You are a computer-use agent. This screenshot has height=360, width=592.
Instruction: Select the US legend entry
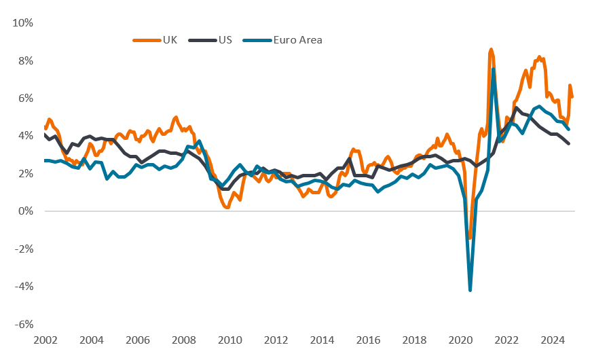click(x=217, y=40)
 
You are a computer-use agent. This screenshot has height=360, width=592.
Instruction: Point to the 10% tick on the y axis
click(x=24, y=23)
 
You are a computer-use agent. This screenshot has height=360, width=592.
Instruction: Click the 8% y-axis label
click(x=26, y=60)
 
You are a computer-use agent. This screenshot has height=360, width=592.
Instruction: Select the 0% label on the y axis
click(x=26, y=211)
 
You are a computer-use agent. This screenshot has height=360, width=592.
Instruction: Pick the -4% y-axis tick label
click(x=24, y=287)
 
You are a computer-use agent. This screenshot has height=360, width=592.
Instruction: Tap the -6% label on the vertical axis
click(x=24, y=325)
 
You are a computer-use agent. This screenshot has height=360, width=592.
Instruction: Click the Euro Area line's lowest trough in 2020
click(x=470, y=290)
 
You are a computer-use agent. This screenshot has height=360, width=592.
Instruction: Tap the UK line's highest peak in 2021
click(x=490, y=50)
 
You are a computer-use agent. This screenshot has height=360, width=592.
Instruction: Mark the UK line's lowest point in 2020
click(x=469, y=238)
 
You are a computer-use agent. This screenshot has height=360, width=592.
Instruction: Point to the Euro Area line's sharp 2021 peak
click(x=493, y=69)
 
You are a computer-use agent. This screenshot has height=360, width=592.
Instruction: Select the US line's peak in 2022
click(x=517, y=107)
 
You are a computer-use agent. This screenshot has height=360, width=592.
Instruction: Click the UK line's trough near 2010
click(x=227, y=207)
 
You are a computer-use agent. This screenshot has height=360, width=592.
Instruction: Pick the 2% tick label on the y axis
click(x=26, y=174)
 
